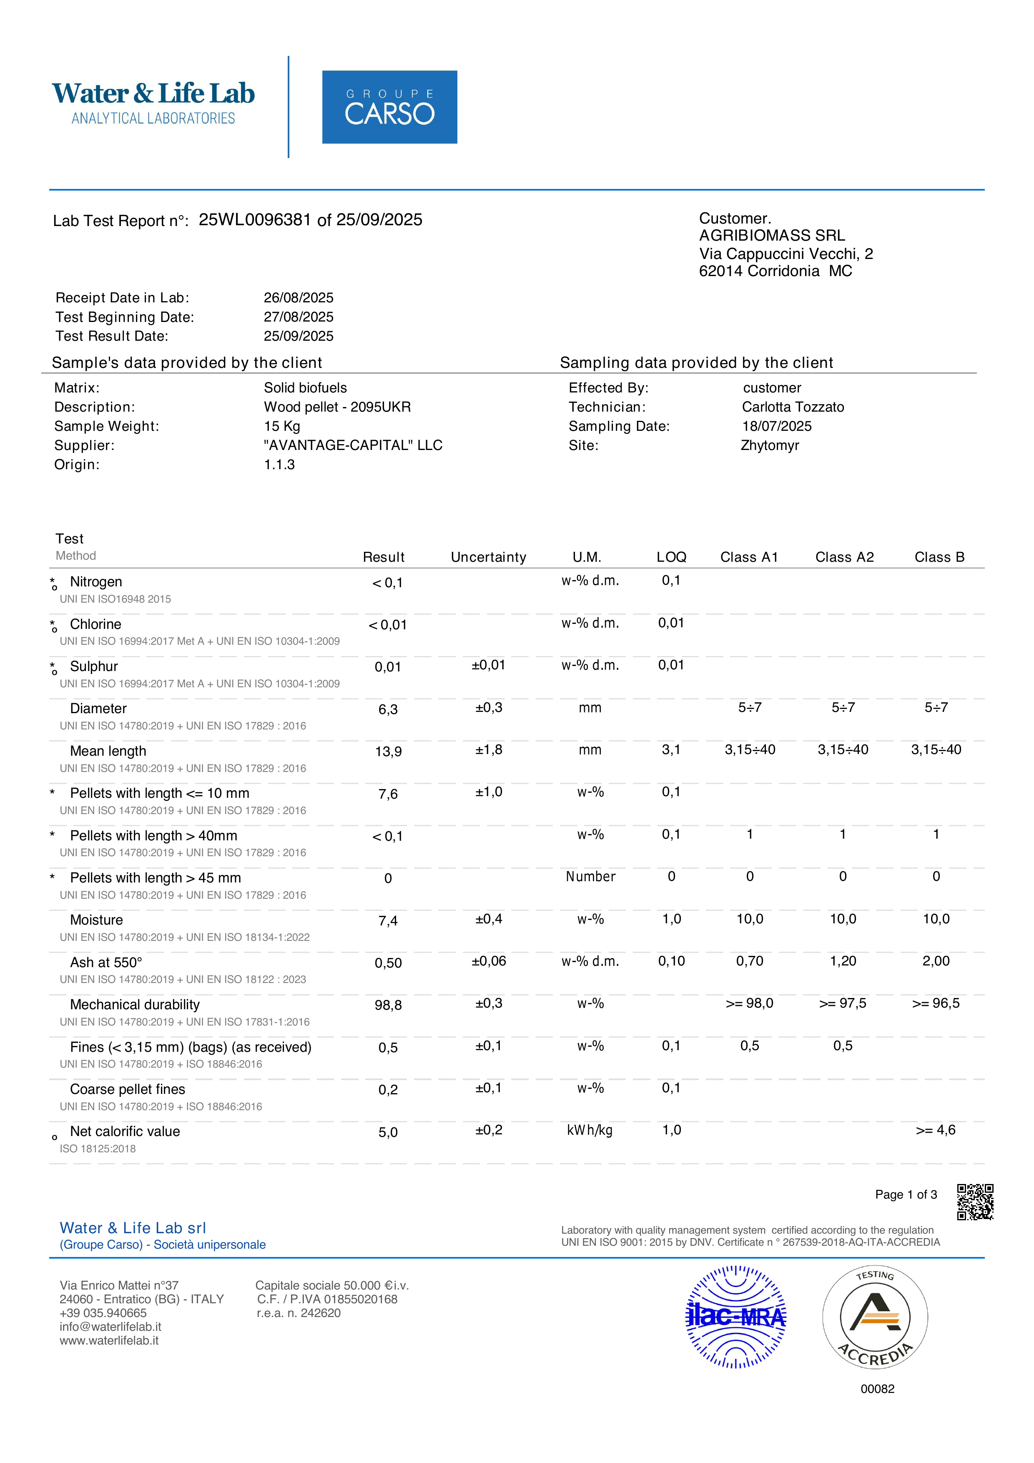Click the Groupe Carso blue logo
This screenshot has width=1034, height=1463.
coord(389,107)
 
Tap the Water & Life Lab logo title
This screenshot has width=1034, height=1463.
coord(153,93)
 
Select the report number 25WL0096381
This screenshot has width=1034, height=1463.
coord(255,220)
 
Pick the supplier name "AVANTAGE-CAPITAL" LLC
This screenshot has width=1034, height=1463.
coord(353,445)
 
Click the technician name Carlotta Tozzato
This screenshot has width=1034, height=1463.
coord(793,407)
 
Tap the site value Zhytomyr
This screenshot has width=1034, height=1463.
coord(770,445)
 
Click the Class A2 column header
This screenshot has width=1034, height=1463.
coord(844,558)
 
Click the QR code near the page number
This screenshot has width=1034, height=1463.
coord(975,1202)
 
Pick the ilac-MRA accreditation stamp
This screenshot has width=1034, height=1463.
coord(736,1317)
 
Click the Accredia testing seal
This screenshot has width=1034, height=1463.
coord(875,1317)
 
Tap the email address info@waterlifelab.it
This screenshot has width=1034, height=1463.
coord(110,1327)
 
